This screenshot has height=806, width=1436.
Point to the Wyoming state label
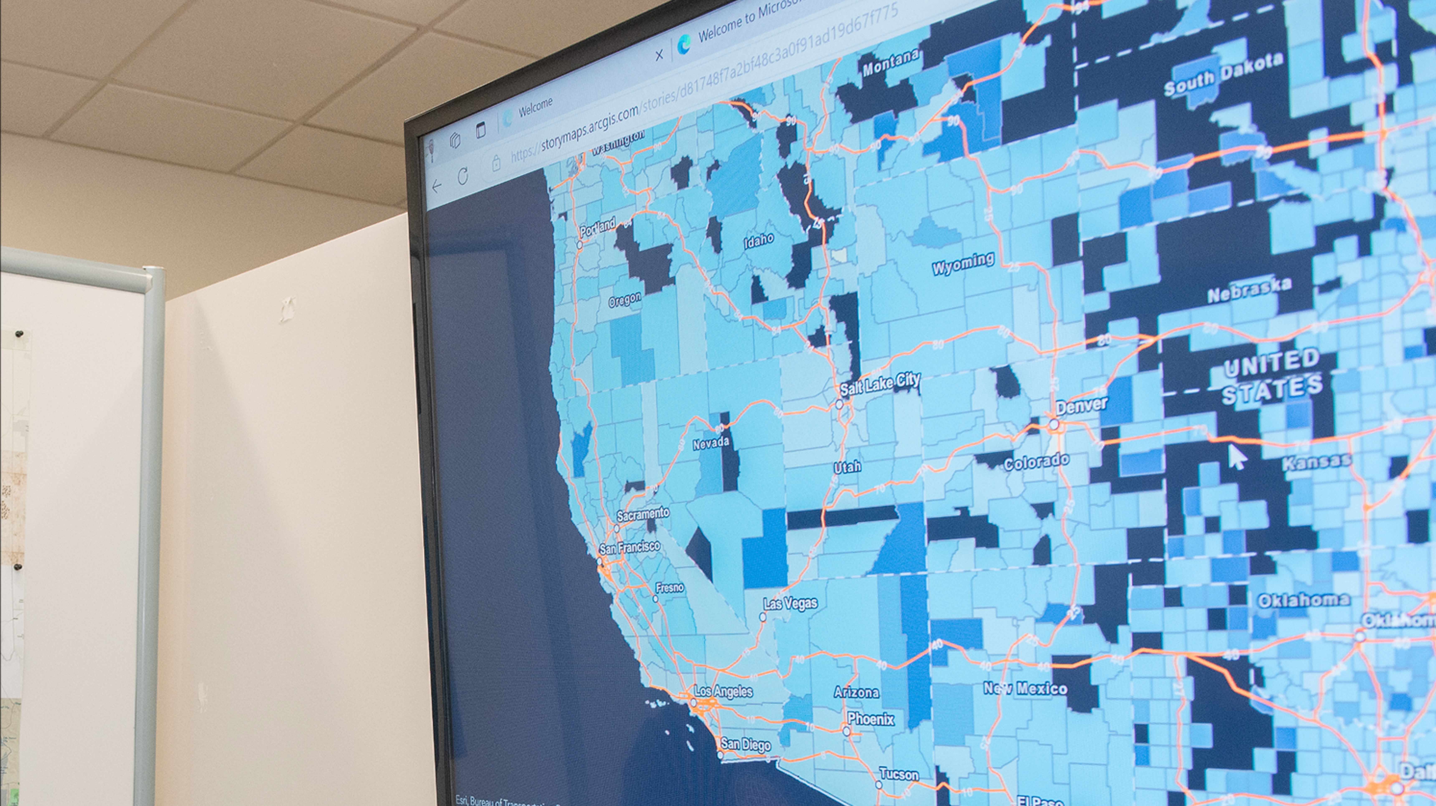tap(963, 263)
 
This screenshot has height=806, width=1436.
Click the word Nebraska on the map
tap(1249, 290)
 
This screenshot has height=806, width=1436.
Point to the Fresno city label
tap(670, 588)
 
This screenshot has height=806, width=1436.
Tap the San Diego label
tap(745, 744)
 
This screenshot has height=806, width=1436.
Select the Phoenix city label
tap(871, 719)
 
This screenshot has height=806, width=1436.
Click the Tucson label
tap(899, 774)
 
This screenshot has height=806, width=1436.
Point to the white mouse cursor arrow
tap(1236, 457)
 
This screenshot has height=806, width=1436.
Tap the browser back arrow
tap(436, 186)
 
